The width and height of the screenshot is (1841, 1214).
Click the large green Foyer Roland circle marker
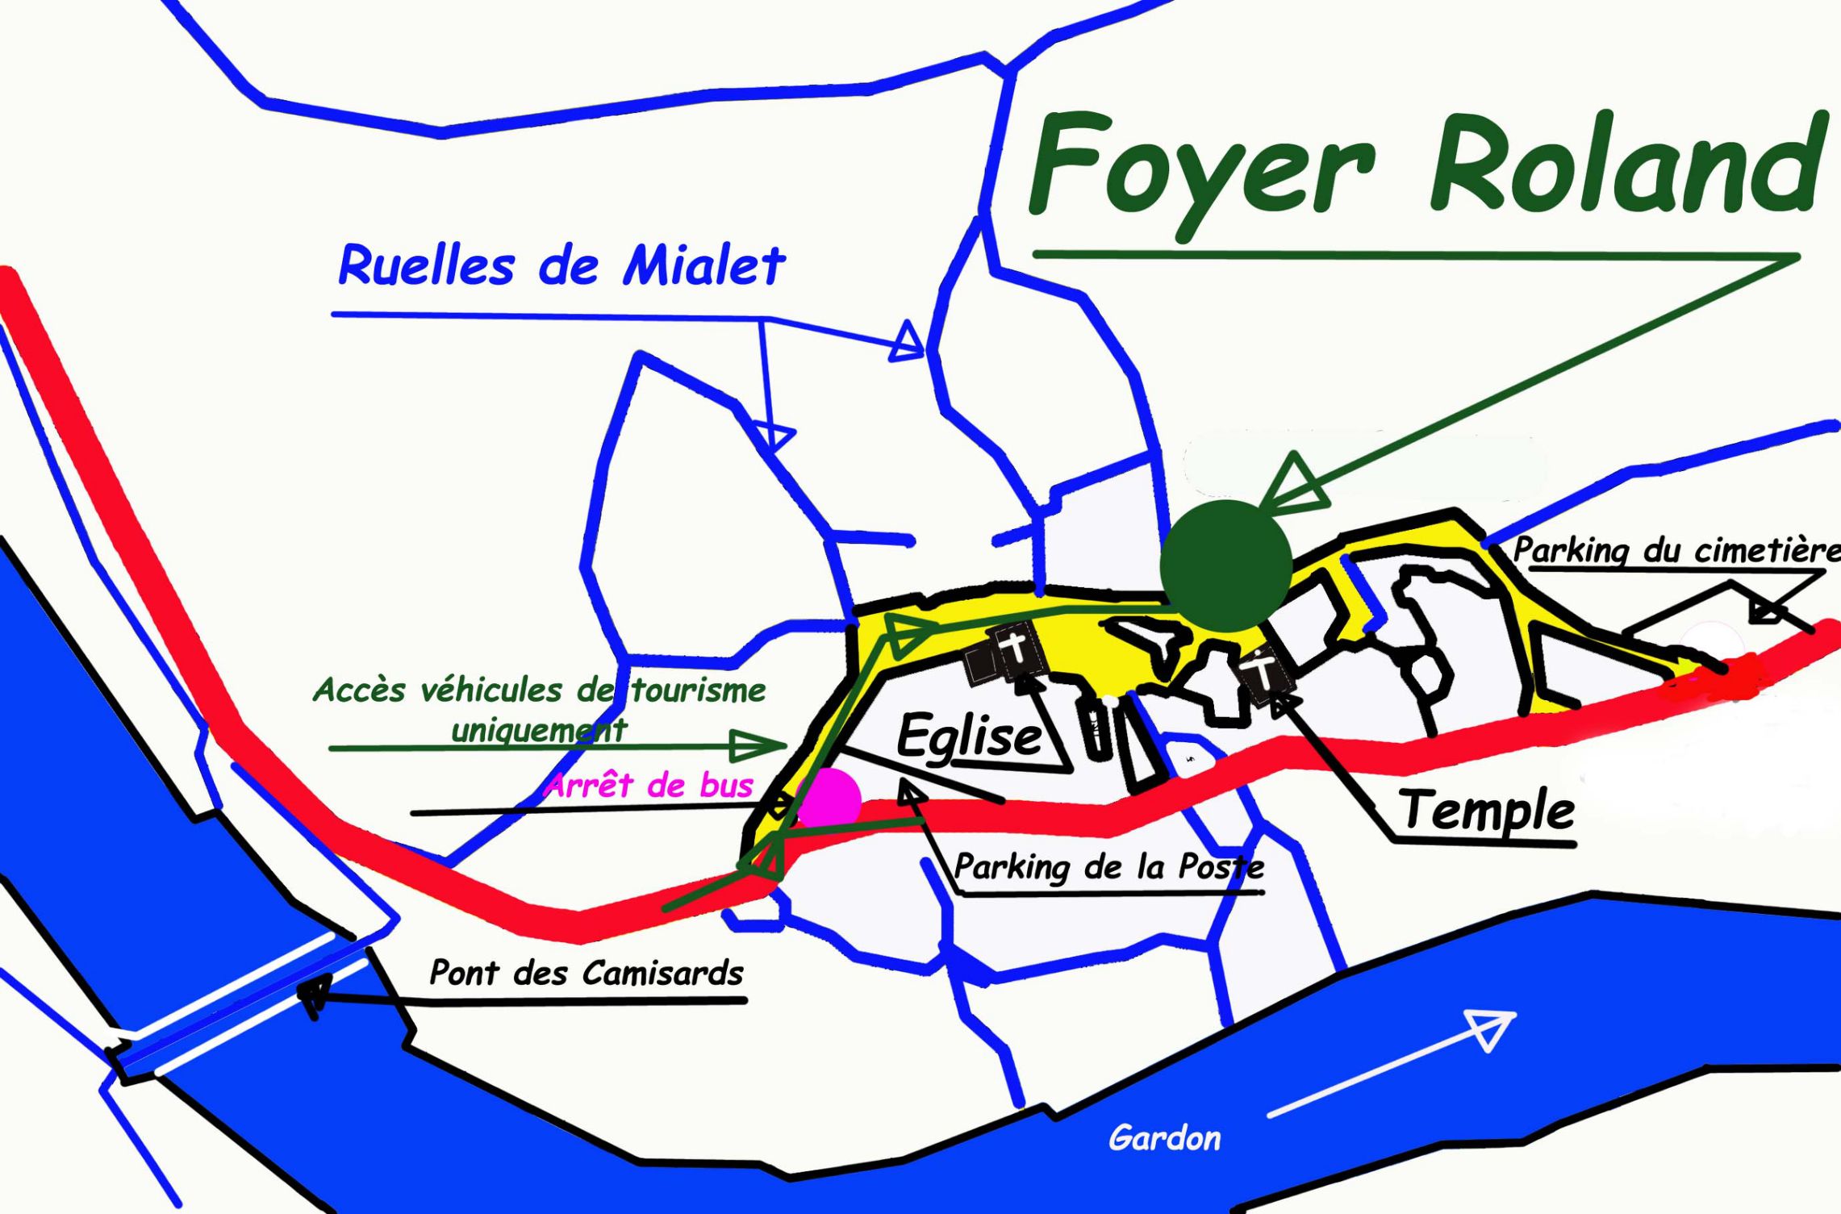pyautogui.click(x=1226, y=565)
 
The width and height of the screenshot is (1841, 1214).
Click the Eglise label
pyautogui.click(x=968, y=736)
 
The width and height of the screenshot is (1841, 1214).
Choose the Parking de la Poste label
pyautogui.click(x=1108, y=866)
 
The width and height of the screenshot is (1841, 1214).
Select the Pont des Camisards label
pyautogui.click(x=586, y=973)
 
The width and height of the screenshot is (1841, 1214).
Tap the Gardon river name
pyautogui.click(x=1164, y=1138)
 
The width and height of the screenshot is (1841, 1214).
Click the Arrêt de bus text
pyautogui.click(x=650, y=785)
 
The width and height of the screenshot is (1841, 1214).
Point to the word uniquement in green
pyautogui.click(x=539, y=730)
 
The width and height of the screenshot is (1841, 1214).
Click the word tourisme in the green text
pyautogui.click(x=699, y=690)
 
